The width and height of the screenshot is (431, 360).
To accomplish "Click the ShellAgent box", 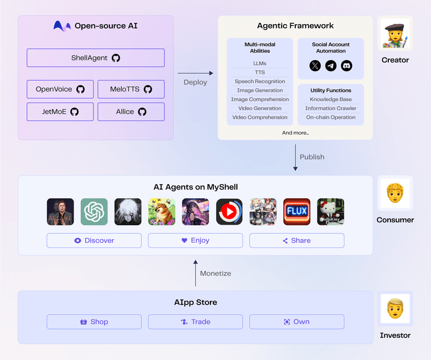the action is click(95, 58).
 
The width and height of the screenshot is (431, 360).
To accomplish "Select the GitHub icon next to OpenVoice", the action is click(80, 89).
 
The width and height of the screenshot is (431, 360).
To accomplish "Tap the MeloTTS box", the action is click(131, 89).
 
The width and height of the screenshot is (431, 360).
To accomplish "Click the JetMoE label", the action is click(54, 112).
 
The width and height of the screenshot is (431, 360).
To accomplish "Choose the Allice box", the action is click(131, 112).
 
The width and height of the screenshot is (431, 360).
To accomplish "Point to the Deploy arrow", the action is click(195, 73).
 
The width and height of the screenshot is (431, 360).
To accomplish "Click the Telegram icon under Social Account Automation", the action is click(331, 66).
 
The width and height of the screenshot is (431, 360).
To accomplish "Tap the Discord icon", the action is click(347, 66).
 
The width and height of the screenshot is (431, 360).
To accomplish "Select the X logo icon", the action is click(315, 66).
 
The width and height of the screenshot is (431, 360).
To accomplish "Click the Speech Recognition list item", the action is click(260, 81).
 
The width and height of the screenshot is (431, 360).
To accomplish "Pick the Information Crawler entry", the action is click(331, 108).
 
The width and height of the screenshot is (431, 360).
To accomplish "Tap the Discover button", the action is click(94, 240).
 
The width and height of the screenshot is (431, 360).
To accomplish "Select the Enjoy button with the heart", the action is click(195, 240).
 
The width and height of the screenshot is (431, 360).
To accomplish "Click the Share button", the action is click(296, 240).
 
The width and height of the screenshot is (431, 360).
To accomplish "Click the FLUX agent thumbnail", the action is click(297, 212).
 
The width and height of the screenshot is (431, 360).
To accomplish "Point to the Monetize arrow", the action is click(195, 273).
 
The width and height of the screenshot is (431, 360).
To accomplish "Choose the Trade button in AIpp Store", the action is click(195, 322).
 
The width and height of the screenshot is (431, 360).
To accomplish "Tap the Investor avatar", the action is click(395, 308).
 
